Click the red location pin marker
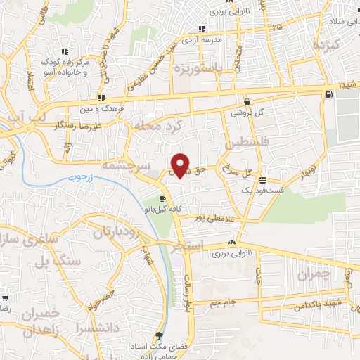pos(181,165)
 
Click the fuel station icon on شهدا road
pos(328,94)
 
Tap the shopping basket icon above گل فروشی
pos(247,101)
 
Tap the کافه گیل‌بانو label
pos(163,210)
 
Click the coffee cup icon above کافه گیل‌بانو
pos(164,199)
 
